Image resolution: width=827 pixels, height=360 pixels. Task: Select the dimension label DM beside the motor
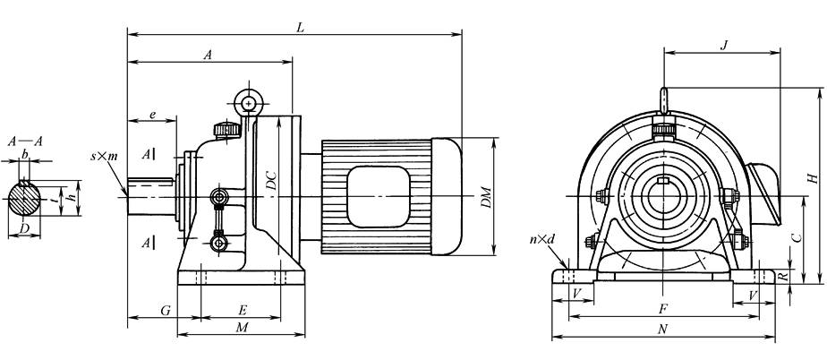pyautogui.click(x=484, y=197)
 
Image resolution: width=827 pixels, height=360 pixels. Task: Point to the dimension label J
pyautogui.click(x=722, y=45)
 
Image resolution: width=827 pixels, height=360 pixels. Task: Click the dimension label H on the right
pyautogui.click(x=808, y=176)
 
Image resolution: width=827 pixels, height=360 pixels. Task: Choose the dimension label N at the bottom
pyautogui.click(x=662, y=329)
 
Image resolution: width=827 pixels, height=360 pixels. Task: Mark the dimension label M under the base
pyautogui.click(x=241, y=328)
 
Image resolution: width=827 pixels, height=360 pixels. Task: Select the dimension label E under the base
pyautogui.click(x=242, y=309)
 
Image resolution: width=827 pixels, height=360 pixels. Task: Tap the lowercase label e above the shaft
pyautogui.click(x=153, y=114)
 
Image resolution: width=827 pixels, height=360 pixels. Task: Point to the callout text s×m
pyautogui.click(x=104, y=156)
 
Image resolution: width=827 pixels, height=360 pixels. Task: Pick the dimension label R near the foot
pyautogui.click(x=782, y=278)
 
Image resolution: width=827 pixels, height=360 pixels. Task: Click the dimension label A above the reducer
pyautogui.click(x=208, y=55)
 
